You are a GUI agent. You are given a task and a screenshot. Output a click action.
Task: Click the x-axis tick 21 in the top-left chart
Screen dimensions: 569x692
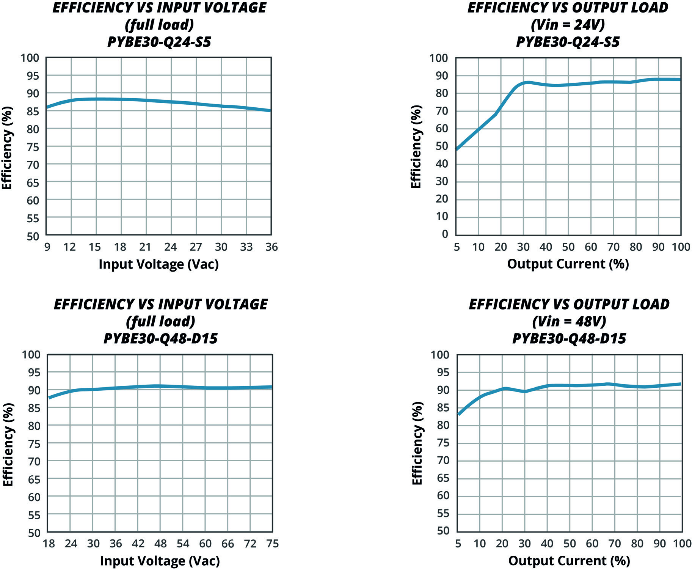[145, 247]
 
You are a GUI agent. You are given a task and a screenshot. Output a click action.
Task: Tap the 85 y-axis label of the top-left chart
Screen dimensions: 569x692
[33, 112]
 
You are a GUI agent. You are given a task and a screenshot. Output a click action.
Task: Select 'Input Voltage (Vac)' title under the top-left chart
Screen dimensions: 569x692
[158, 264]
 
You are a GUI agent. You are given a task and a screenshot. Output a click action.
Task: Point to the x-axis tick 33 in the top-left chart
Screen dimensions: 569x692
[246, 247]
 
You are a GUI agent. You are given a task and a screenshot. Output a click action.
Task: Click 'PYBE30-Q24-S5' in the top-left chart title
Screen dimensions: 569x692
[159, 42]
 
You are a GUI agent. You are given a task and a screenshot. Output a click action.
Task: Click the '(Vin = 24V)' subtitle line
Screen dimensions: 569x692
[568, 25]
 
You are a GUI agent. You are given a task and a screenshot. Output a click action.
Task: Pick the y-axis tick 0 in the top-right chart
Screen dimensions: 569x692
[445, 234]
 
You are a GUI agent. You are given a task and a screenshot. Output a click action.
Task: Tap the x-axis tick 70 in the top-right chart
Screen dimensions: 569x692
[613, 247]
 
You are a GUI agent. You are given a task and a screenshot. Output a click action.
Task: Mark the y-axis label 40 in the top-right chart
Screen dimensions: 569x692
[441, 164]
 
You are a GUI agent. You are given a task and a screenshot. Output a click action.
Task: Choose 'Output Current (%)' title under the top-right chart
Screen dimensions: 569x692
[568, 264]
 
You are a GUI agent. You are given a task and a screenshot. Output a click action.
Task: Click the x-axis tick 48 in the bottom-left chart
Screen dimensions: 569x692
[160, 544]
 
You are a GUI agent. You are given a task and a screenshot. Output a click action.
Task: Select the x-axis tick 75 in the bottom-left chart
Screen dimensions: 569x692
[272, 544]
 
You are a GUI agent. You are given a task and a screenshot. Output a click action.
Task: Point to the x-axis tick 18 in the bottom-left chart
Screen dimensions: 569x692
[49, 544]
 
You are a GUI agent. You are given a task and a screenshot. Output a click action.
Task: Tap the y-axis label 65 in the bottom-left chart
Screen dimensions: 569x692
[34, 479]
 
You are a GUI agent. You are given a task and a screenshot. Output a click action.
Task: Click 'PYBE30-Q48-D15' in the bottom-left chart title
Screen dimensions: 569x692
[160, 338]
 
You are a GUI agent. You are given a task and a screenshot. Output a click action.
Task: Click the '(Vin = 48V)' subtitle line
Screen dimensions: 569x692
[569, 322]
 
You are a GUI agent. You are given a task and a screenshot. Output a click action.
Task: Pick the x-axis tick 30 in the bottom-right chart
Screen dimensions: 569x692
[524, 544]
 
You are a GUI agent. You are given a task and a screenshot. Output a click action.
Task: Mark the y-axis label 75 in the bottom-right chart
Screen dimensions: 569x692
[443, 443]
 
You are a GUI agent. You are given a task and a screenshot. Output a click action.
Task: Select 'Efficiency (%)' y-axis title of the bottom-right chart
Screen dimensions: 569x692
[417, 443]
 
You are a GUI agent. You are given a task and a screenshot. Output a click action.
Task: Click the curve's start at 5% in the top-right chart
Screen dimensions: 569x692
[457, 149]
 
